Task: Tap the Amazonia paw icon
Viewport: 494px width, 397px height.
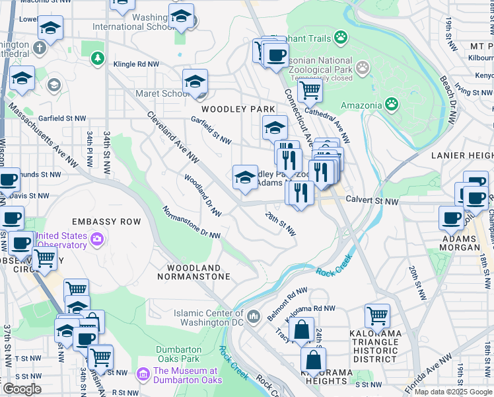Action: coord(392,103)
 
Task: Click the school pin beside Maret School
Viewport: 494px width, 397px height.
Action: coord(195,83)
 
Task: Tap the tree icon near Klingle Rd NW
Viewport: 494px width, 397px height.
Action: coord(98,58)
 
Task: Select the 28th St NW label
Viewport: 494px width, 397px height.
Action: coord(280,224)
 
